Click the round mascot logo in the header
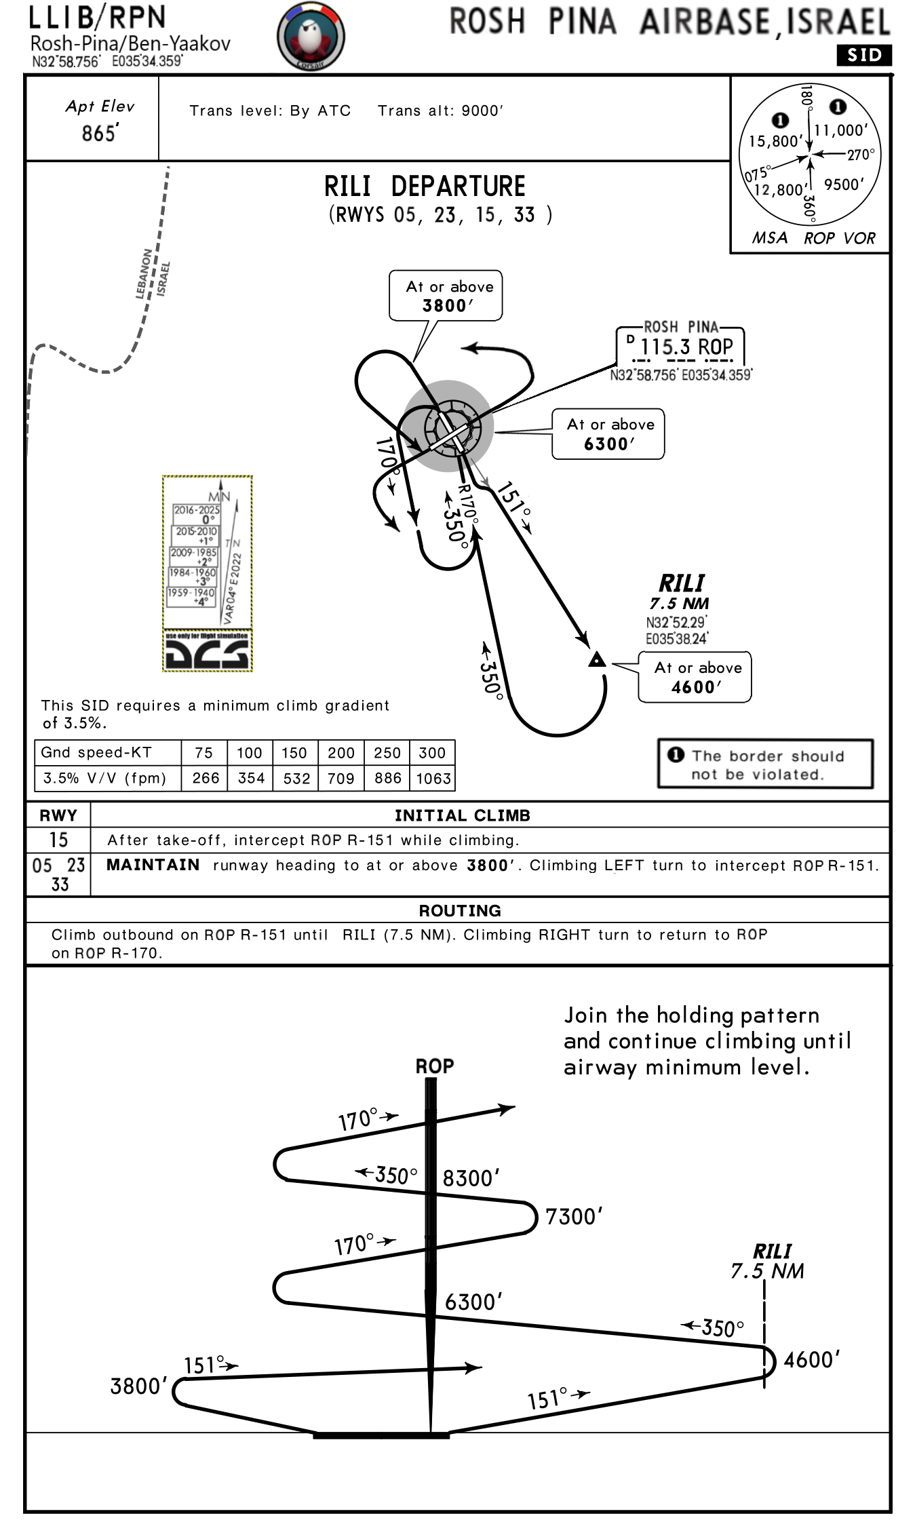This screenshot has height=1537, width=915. coord(311,37)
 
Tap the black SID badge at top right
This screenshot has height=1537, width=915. coord(863,55)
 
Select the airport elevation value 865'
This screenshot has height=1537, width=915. coord(100,133)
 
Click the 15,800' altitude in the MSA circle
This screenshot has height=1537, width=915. coord(775,141)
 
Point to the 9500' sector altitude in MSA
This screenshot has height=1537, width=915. coord(844,184)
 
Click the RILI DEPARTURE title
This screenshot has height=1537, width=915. coord(425,187)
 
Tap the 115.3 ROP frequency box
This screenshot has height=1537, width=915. coord(680,347)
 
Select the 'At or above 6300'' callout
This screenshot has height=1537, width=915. coord(608,434)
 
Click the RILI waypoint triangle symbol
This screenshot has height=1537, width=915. coord(597,659)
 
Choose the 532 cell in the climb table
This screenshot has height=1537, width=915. coord(296,779)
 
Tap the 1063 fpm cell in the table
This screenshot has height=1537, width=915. coord(433,779)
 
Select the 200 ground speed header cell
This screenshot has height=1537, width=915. coord(341,753)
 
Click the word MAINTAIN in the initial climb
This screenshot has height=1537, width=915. coord(153,865)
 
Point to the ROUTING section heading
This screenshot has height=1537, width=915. coord(460,910)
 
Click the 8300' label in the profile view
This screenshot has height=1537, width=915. coord(471,1178)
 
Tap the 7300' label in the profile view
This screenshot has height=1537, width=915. coord(574,1216)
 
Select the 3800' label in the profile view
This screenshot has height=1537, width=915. coord(139,1386)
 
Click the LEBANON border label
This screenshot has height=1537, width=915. coord(144,274)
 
